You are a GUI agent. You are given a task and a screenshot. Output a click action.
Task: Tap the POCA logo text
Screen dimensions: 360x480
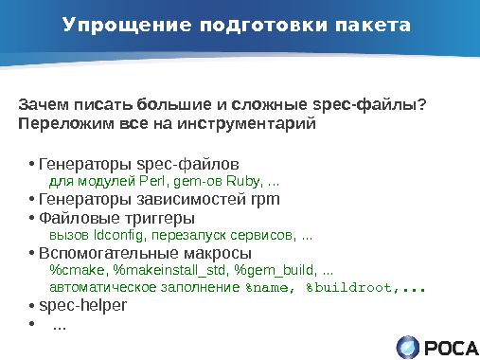point(452,347)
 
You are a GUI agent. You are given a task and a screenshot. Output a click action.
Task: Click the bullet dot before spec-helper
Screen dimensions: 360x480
point(31,306)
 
